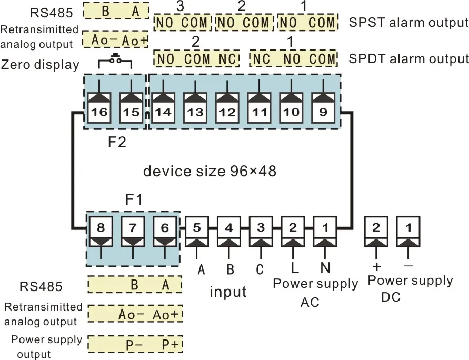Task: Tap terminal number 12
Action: pyautogui.click(x=227, y=111)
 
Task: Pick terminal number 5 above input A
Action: pyautogui.click(x=196, y=228)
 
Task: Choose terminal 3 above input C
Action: pyautogui.click(x=261, y=228)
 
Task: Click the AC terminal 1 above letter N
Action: pyautogui.click(x=325, y=228)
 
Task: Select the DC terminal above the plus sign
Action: pyautogui.click(x=376, y=228)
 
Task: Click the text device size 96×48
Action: pyautogui.click(x=209, y=171)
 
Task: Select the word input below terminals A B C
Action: pyautogui.click(x=228, y=291)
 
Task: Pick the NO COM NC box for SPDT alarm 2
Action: pyautogui.click(x=196, y=59)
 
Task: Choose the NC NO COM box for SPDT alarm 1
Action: pyautogui.click(x=293, y=59)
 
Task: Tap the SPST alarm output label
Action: pyautogui.click(x=408, y=23)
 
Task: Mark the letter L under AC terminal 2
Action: pyautogui.click(x=294, y=268)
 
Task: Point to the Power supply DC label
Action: pyautogui.click(x=410, y=288)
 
